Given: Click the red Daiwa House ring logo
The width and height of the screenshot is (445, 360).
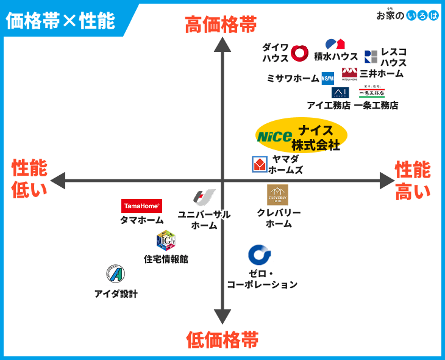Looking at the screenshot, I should click(299, 53).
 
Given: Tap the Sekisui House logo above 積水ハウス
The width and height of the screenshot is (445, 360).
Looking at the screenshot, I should click(335, 44).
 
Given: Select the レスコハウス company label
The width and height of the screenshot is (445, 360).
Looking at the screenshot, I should click(393, 57).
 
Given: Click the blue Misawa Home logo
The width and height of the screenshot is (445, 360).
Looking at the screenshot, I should click(328, 78).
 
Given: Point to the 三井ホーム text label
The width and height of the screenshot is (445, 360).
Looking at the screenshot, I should click(381, 73).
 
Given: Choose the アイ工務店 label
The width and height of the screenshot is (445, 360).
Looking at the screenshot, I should click(329, 105).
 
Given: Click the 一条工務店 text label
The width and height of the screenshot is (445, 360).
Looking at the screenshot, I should click(376, 105).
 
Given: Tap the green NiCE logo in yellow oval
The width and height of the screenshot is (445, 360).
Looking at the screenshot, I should click(274, 137).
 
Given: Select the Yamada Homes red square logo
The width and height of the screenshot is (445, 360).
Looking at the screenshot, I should click(260, 164).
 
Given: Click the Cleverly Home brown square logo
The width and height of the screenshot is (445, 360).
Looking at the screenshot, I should click(277, 195).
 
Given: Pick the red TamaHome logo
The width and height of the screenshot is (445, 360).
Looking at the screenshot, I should click(141, 206).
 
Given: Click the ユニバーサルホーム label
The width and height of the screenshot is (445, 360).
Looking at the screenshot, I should click(204, 220).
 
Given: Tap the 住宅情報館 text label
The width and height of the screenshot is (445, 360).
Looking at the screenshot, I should click(166, 259).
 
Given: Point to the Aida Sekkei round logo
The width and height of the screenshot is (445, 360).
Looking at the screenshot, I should click(115, 274).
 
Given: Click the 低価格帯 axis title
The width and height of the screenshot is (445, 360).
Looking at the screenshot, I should click(222, 339).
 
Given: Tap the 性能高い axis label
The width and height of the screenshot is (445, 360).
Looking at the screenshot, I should click(413, 181).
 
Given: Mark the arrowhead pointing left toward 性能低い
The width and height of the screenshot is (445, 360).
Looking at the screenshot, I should click(58, 181).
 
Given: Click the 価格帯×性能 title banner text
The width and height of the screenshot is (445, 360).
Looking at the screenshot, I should click(60, 21).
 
